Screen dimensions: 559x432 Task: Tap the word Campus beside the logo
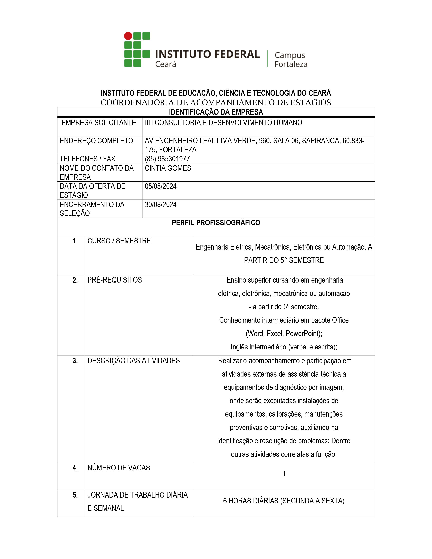290,55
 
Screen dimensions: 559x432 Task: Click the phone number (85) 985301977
167,159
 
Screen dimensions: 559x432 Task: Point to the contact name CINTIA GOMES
168,168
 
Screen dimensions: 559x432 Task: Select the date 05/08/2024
160,186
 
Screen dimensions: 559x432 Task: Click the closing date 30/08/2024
160,204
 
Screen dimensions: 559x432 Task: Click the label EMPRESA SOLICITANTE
99,123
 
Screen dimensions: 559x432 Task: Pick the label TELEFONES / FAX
88,159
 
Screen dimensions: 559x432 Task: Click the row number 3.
75,361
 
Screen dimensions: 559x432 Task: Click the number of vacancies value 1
284,474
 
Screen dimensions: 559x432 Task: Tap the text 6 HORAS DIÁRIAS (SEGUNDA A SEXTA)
284,501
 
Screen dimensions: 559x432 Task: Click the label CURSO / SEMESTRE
119,241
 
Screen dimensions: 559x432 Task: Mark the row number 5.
75,495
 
